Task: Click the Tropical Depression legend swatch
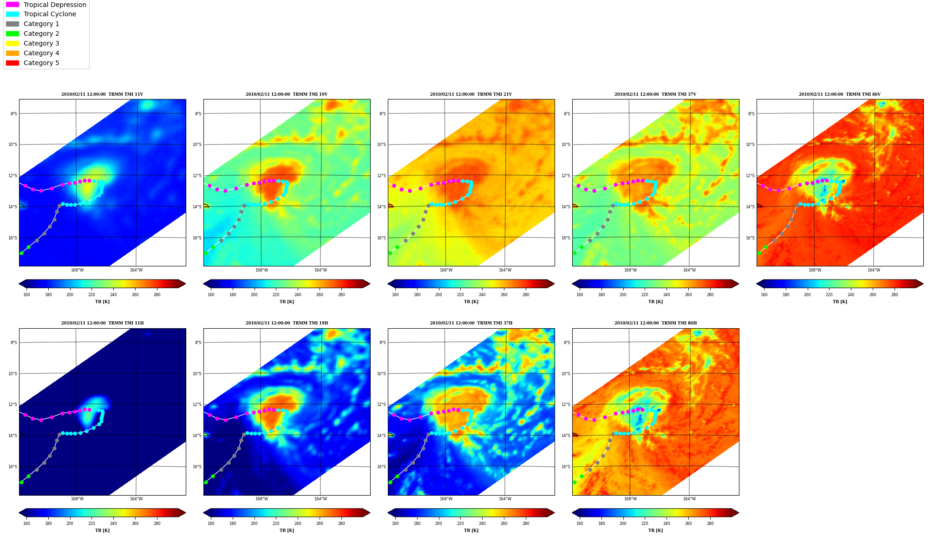pyautogui.click(x=13, y=5)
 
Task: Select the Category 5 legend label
pyautogui.click(x=41, y=63)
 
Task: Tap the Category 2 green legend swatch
pyautogui.click(x=13, y=33)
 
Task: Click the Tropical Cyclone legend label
pyautogui.click(x=50, y=14)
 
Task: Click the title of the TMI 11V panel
pyautogui.click(x=102, y=94)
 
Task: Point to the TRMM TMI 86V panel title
pyautogui.click(x=840, y=94)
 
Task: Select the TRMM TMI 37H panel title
pyautogui.click(x=471, y=323)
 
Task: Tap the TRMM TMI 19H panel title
pyautogui.click(x=287, y=323)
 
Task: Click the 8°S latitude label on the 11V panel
pyautogui.click(x=13, y=114)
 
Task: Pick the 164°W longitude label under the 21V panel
pyautogui.click(x=505, y=270)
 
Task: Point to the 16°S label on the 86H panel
pyautogui.click(x=567, y=467)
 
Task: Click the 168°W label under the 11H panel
pyautogui.click(x=77, y=499)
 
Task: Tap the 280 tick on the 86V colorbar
pyautogui.click(x=895, y=294)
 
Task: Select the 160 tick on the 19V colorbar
pyautogui.click(x=211, y=294)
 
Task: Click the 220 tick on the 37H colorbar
pyautogui.click(x=460, y=524)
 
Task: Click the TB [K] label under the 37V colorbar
pyautogui.click(x=655, y=302)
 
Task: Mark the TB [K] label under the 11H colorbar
pyautogui.click(x=102, y=530)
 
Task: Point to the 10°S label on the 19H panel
pyautogui.click(x=198, y=374)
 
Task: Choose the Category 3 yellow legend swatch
pyautogui.click(x=13, y=43)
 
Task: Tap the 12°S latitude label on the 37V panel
pyautogui.click(x=567, y=176)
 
